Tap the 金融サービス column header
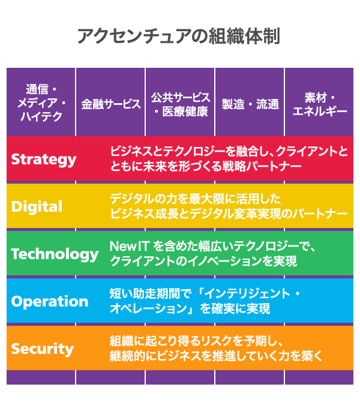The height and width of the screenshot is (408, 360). pyautogui.click(x=111, y=103)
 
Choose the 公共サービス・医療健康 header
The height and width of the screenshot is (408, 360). pyautogui.click(x=180, y=103)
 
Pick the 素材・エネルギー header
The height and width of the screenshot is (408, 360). pyautogui.click(x=319, y=103)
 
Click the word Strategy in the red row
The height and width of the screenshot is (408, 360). pyautogui.click(x=44, y=159)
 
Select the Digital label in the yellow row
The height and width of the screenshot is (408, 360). pyautogui.click(x=37, y=206)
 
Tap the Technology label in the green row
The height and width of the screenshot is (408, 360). pyautogui.click(x=55, y=254)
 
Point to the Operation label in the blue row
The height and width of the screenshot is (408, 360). pyautogui.click(x=49, y=301)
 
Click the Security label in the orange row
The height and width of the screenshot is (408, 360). pyautogui.click(x=43, y=349)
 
